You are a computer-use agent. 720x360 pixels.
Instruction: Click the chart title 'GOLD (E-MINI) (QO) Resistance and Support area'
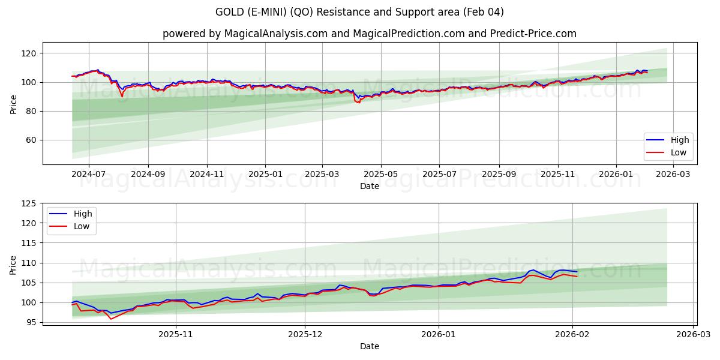click(360, 12)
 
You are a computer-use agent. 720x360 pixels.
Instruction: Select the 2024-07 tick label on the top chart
click(89, 174)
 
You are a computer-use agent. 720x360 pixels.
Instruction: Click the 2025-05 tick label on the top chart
click(381, 174)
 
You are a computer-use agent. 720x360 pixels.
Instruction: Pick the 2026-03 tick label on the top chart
click(673, 174)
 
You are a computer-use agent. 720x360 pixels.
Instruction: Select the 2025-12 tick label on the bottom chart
click(305, 334)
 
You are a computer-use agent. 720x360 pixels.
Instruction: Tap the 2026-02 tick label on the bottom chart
click(572, 334)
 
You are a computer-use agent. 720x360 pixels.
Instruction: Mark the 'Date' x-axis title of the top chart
click(370, 186)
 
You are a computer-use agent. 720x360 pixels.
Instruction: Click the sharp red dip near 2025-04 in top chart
click(358, 103)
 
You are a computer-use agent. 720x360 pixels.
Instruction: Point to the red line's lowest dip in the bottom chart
click(110, 319)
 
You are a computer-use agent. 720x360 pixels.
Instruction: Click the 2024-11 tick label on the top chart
click(207, 174)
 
